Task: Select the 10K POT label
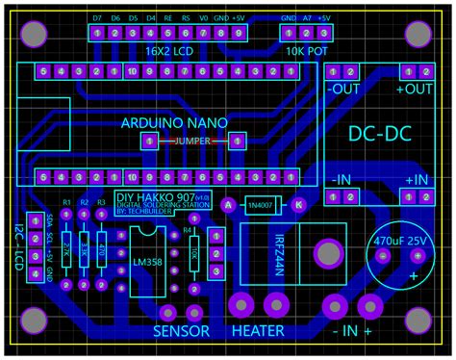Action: pos(306,50)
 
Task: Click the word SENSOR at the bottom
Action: pos(182,331)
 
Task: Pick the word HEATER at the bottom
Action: pos(257,331)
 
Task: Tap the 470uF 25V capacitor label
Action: pos(398,238)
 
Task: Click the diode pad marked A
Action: pos(229,204)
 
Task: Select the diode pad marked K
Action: pos(298,204)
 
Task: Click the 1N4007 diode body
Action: pos(263,204)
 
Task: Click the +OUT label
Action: pos(414,90)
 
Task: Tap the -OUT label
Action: pos(342,90)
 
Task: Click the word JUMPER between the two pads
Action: pos(192,141)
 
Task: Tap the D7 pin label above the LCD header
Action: pos(97,18)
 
